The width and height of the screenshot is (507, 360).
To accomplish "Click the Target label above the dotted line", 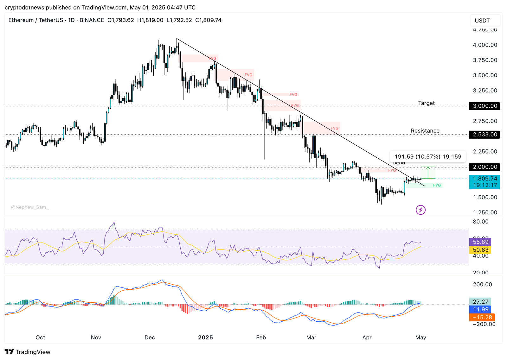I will click(426, 103).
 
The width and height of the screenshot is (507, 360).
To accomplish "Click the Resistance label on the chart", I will click(425, 131).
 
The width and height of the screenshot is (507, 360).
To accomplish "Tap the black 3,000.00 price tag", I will click(485, 106).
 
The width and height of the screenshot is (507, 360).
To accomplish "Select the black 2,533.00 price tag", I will click(485, 135).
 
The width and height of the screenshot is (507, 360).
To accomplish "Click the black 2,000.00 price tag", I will click(485, 167).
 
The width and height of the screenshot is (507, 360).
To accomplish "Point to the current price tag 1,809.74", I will click(485, 179).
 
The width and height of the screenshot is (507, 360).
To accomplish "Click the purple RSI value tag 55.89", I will click(480, 242).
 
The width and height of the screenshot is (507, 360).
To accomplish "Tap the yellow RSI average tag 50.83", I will click(480, 250).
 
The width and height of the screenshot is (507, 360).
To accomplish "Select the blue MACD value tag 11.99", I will click(480, 309).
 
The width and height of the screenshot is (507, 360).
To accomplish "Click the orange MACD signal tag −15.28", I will click(482, 317).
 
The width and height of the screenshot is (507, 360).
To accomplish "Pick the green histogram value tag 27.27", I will click(480, 302).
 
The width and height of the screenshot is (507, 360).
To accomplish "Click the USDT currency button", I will click(482, 21).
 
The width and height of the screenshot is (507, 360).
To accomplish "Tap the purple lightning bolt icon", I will click(420, 210).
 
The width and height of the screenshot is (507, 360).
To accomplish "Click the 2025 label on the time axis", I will click(205, 338).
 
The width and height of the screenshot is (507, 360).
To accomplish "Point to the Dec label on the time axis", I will click(150, 338).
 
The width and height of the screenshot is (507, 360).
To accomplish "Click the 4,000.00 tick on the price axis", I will click(485, 45).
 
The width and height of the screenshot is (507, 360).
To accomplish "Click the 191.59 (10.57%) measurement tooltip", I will click(428, 156).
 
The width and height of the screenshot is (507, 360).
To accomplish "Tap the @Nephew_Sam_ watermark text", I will click(30, 207).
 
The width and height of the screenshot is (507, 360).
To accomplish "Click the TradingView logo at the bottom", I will click(28, 352).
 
